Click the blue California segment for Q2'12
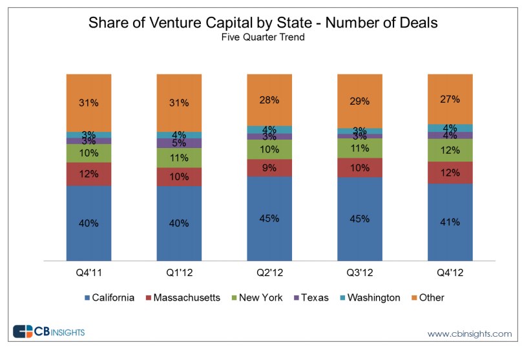point(269,218)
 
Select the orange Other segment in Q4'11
point(89,103)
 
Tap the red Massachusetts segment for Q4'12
point(450,173)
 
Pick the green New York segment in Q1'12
point(179,158)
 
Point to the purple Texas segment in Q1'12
point(179,143)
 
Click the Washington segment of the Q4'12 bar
point(450,128)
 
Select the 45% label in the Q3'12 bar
point(360,218)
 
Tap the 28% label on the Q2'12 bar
point(269,100)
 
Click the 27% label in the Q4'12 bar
point(450,100)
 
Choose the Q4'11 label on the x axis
point(89,272)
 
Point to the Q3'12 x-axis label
point(360,272)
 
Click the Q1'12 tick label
point(179,272)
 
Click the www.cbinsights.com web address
point(469,334)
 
